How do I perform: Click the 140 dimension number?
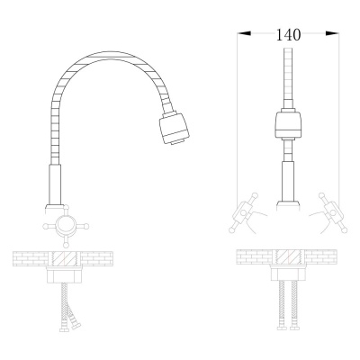click(x=288, y=35)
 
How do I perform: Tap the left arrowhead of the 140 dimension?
click(x=244, y=33)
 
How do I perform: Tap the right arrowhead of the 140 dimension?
click(x=332, y=33)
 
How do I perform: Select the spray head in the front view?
click(x=288, y=123)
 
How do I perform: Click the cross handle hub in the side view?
click(x=66, y=226)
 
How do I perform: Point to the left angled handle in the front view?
click(x=243, y=213)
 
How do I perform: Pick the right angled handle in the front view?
click(x=333, y=213)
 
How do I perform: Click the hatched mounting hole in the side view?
click(x=65, y=258)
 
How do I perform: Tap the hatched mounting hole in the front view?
click(x=288, y=257)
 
